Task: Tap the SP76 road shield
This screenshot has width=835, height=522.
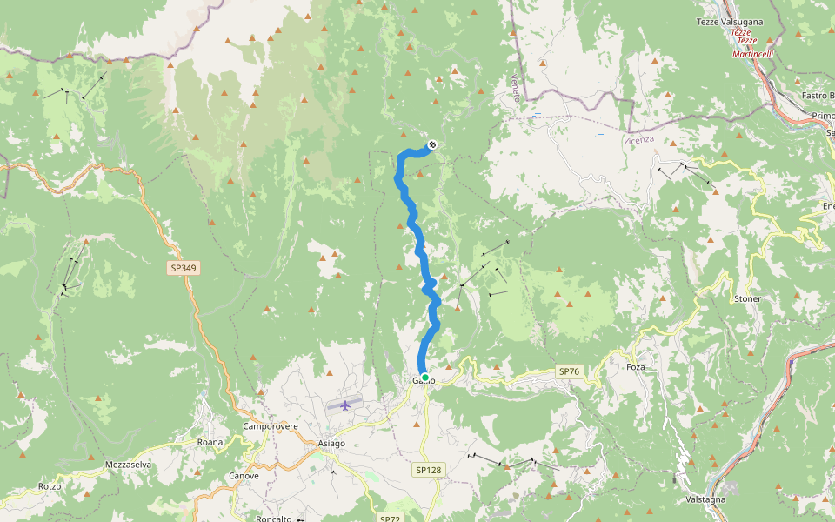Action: [x=569, y=371]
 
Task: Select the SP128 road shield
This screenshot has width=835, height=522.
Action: [x=428, y=470]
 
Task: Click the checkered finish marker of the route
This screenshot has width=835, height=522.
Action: [x=432, y=145]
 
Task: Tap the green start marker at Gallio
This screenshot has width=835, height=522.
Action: [x=424, y=378]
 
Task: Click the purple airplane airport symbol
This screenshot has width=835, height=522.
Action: [x=346, y=405]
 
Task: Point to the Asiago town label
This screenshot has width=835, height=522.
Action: [x=331, y=443]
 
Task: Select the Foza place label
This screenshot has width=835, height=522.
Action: [x=636, y=367]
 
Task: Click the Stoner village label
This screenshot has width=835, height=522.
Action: [x=747, y=298]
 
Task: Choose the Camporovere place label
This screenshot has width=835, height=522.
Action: [x=271, y=427]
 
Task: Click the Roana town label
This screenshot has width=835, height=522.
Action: [x=210, y=442]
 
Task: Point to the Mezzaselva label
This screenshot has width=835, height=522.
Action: [x=128, y=465]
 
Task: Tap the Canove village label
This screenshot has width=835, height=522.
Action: [x=244, y=476]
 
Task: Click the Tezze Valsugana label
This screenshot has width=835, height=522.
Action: [x=731, y=22]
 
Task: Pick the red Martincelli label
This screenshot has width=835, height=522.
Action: [x=752, y=54]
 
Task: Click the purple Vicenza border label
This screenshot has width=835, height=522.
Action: [x=638, y=139]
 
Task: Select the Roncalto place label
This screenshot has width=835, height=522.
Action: [x=273, y=519]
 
